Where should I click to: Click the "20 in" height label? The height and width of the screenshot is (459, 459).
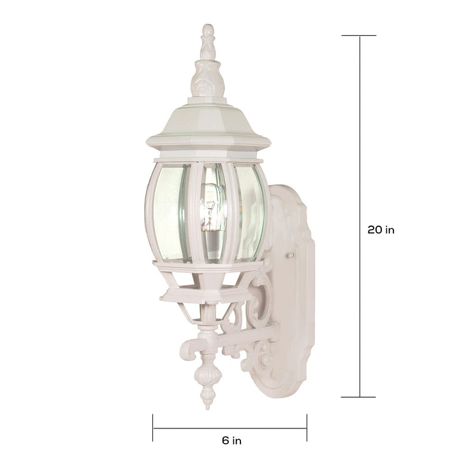point(381,229)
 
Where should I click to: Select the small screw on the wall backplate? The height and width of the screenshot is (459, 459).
point(291,255)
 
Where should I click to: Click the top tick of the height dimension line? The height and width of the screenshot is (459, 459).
point(359,36)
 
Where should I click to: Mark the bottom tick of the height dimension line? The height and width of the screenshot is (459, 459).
point(358,397)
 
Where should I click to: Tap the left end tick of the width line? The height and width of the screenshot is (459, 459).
point(153,427)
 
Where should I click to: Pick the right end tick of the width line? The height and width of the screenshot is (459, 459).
point(307,427)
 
